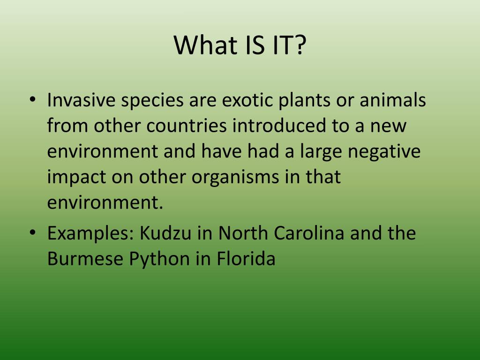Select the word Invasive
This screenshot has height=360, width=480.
click(81, 100)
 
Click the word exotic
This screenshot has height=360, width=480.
click(247, 100)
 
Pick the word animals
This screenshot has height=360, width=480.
click(393, 100)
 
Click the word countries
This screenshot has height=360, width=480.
click(187, 126)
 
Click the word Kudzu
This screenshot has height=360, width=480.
click(165, 233)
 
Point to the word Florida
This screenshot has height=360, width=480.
click(246, 258)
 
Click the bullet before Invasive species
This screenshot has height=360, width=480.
click(32, 100)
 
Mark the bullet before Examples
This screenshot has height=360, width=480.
click(32, 233)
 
